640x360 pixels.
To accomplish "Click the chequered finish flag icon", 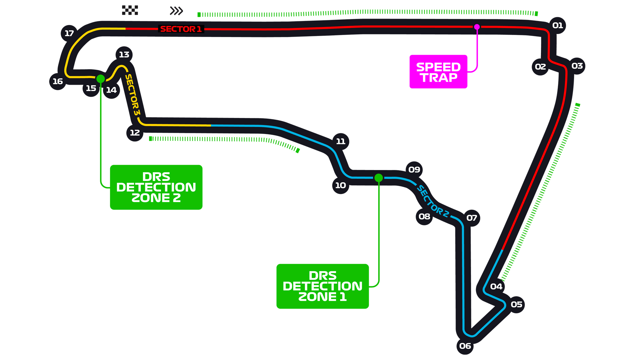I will point(130,10).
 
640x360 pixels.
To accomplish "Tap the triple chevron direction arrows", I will point(176,11).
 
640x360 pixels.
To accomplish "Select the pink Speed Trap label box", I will point(438,72).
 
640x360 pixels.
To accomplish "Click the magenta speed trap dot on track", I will point(477,27).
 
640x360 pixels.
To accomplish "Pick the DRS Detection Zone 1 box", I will point(322,286).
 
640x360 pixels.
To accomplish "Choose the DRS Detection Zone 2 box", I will point(156,187).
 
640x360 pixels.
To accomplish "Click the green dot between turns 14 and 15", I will point(101,79).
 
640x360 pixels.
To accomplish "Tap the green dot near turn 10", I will point(378,178).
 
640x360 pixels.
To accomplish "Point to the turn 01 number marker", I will point(557,25).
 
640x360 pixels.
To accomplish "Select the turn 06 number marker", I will point(465,346).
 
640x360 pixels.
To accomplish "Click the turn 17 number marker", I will point(69,33).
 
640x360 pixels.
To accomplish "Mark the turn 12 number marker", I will point(135,133).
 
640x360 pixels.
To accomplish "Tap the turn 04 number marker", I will point(496,286).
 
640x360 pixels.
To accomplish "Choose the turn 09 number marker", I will point(414,170).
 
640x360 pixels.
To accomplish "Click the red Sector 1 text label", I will point(181,29).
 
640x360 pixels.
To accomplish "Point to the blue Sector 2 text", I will point(433,202).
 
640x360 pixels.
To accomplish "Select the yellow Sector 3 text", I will point(132,95).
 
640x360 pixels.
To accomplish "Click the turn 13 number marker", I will point(124,55).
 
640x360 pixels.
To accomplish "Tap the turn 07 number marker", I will point(471,218).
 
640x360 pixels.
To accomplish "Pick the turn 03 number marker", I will point(577,66).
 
